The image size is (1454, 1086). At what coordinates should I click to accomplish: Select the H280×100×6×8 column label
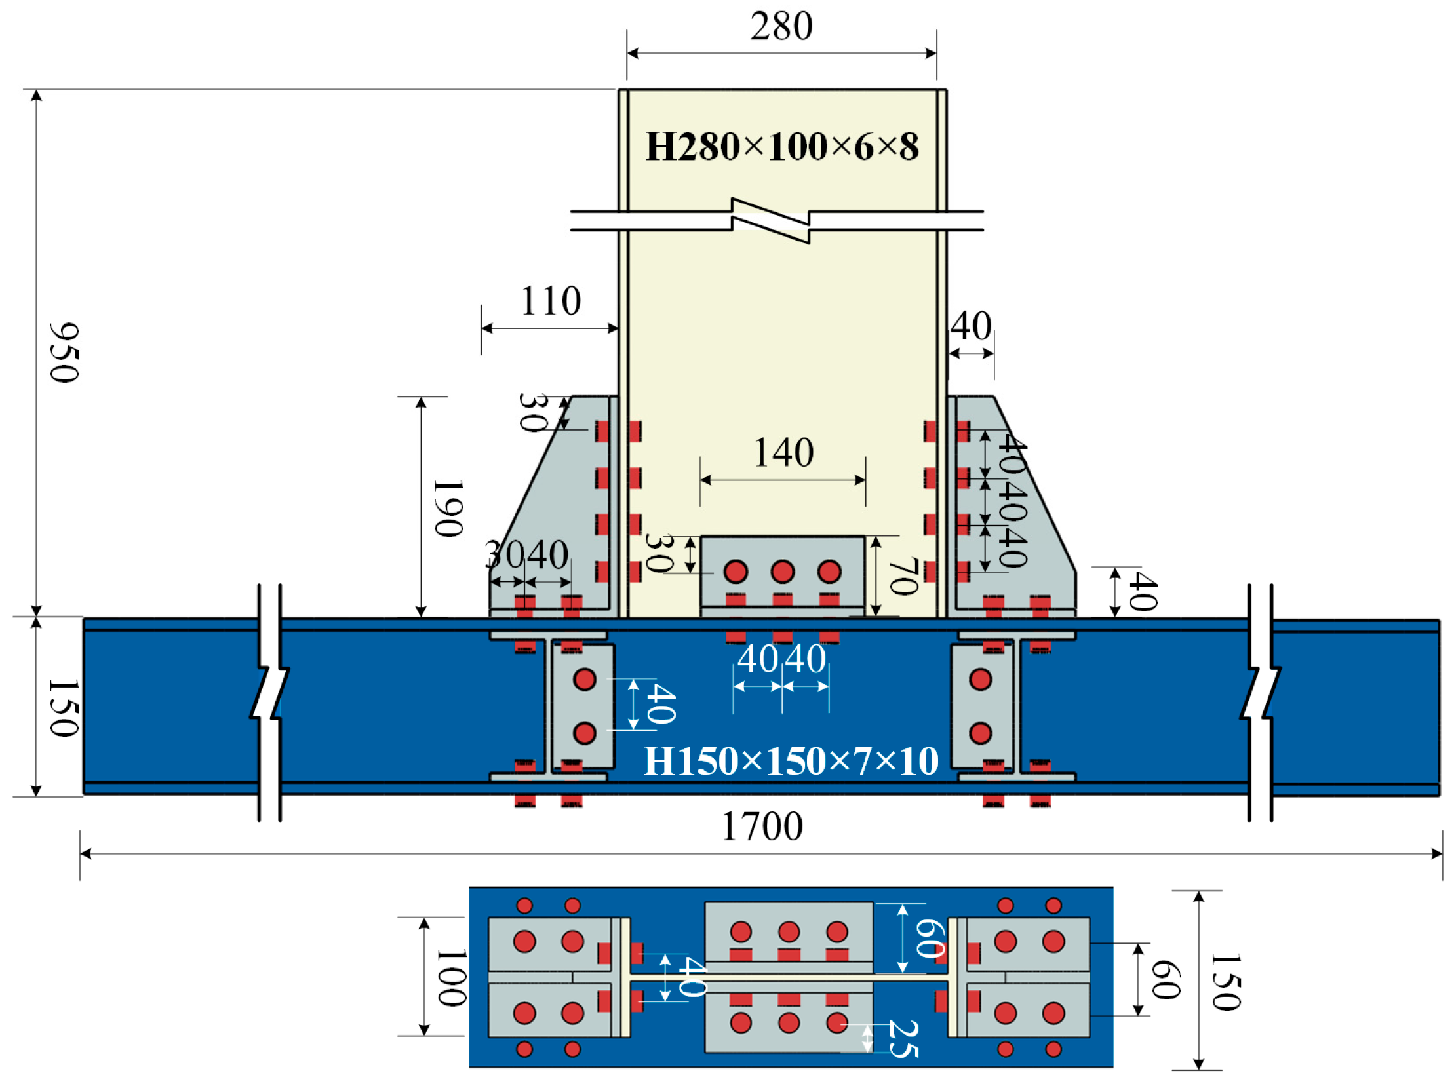[781, 147]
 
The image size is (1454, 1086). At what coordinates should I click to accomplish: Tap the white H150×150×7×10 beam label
[790, 762]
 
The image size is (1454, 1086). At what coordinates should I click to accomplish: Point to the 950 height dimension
[64, 353]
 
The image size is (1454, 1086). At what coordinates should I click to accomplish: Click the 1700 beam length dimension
[762, 826]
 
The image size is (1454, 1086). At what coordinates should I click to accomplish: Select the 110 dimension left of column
[550, 301]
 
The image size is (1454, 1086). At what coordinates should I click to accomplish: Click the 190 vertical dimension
[449, 508]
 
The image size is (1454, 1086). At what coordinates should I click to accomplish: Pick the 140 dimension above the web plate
[783, 453]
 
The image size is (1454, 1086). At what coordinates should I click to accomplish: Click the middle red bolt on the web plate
[782, 572]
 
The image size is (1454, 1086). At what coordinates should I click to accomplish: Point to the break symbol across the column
[770, 221]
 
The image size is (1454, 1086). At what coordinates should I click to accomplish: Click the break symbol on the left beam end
[269, 693]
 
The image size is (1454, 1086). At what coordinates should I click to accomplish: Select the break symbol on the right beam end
[1260, 693]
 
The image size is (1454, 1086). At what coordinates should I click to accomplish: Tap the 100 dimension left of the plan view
[452, 978]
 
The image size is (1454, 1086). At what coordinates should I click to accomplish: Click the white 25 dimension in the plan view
[903, 1039]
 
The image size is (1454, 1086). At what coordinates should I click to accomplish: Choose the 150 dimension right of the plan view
[1226, 982]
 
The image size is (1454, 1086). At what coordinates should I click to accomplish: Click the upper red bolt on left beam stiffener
[584, 680]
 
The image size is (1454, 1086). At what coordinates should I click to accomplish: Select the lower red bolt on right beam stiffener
[980, 733]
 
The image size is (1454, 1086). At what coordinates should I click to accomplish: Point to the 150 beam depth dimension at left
[64, 708]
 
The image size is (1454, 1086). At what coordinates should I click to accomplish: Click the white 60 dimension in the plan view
[930, 937]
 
